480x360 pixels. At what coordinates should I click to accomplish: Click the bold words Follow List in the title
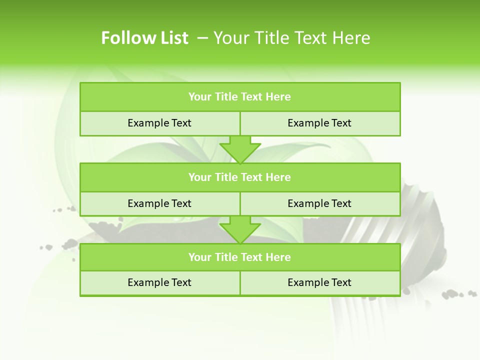(144, 38)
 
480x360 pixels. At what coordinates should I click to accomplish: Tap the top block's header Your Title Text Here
(239, 97)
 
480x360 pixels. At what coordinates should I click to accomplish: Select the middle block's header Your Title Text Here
(239, 177)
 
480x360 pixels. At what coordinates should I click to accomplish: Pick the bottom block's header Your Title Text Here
(239, 257)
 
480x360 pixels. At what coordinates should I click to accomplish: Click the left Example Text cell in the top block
(159, 123)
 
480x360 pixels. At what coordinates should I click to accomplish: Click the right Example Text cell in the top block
(319, 123)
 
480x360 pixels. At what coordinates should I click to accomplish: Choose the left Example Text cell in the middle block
(159, 203)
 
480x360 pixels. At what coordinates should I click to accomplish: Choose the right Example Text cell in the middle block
(319, 203)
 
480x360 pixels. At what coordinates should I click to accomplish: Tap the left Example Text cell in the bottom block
(159, 282)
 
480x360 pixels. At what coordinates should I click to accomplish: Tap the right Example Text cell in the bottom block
(319, 282)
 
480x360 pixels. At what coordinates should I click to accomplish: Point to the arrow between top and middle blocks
(240, 149)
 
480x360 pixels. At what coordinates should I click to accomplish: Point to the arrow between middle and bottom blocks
(240, 229)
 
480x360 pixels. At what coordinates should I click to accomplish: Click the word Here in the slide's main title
(352, 38)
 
